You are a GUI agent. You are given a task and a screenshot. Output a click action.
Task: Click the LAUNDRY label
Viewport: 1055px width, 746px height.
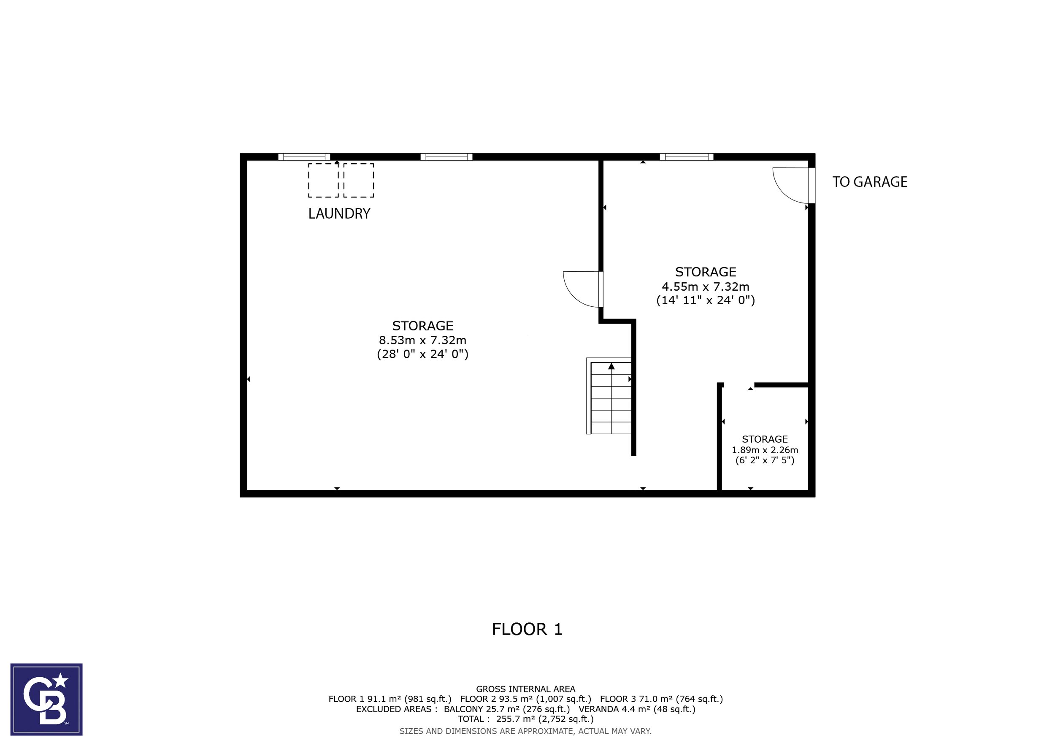(339, 214)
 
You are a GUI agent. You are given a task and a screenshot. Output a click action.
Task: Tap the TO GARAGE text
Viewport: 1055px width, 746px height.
(870, 182)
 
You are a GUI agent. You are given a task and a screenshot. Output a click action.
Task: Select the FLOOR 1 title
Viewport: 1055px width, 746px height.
(527, 629)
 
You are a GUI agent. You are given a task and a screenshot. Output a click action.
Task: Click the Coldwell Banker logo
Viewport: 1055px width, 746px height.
(46, 700)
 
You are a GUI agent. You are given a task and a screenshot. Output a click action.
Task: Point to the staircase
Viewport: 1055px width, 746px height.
(609, 396)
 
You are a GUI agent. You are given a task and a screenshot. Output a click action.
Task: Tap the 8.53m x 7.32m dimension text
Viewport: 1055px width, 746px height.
(422, 341)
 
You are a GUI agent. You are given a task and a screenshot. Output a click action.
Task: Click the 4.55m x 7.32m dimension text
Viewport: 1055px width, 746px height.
(705, 287)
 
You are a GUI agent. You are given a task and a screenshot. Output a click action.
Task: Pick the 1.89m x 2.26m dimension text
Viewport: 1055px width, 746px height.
(765, 450)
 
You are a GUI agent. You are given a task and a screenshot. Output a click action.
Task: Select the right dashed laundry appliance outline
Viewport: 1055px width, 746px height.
(358, 181)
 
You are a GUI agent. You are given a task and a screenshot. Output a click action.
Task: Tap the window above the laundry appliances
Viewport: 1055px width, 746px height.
(304, 157)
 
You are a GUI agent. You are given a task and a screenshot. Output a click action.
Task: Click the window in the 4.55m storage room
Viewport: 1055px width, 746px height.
(687, 157)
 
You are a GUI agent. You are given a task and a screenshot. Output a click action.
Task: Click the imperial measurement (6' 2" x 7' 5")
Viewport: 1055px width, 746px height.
(765, 460)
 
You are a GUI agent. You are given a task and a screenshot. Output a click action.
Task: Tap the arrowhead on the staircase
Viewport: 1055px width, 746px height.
(611, 366)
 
